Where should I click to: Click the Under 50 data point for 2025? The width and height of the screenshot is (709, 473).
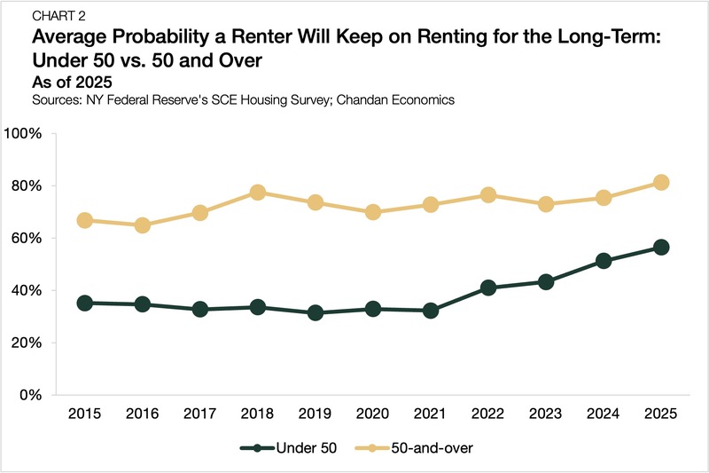click(660, 247)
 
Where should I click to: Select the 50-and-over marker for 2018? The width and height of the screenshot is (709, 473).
click(258, 193)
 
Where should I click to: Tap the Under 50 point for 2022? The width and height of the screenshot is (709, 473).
click(487, 288)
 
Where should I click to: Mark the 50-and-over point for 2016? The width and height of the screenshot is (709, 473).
click(143, 225)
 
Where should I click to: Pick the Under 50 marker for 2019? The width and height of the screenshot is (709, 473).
click(316, 312)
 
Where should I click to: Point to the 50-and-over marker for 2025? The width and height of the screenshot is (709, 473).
click(660, 183)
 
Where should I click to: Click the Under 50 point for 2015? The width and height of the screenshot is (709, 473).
click(85, 303)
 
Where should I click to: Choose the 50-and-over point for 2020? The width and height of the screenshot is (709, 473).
click(373, 212)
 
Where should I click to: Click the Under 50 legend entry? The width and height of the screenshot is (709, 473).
click(293, 447)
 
